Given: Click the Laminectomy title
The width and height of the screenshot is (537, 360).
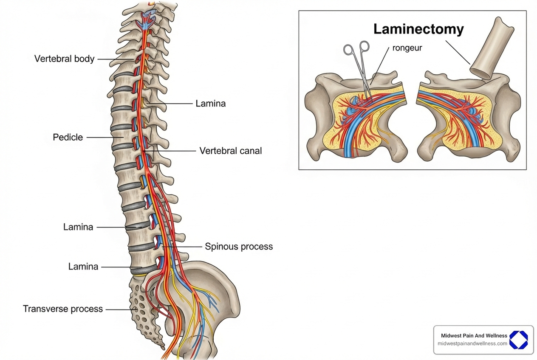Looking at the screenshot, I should click(418, 29).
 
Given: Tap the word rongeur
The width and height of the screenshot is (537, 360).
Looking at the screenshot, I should click(407, 48).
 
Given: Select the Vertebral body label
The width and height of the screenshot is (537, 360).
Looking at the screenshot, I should click(64, 59).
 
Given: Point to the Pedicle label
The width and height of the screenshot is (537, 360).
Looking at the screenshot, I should click(68, 137).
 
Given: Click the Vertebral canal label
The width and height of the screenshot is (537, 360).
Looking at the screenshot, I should click(230, 151).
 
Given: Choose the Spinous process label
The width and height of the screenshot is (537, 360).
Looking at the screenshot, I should click(238, 246).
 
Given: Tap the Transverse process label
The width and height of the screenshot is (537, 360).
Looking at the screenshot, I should click(63, 309).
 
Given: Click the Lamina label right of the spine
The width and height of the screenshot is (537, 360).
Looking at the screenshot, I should click(210, 103).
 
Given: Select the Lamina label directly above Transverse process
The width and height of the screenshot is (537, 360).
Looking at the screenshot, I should click(83, 267).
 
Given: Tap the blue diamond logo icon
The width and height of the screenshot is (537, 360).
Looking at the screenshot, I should click(518, 340).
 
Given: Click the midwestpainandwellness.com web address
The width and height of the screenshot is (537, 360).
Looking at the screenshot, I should click(472, 343).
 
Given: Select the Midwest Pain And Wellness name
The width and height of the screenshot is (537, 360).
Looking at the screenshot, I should click(474, 335).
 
